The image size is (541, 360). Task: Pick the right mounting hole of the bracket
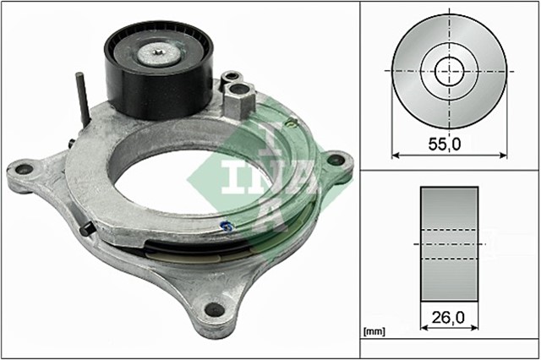click(336, 159)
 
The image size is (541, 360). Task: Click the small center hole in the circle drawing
click(449, 70)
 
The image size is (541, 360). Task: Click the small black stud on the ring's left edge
click(87, 231)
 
